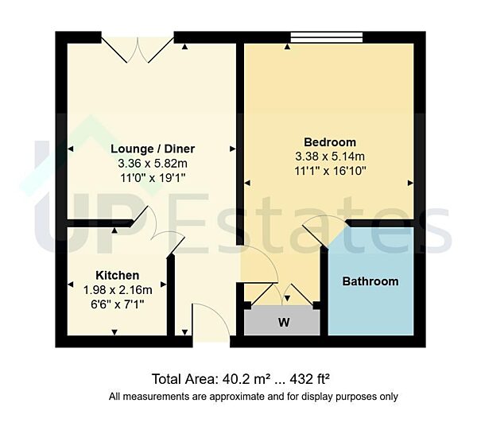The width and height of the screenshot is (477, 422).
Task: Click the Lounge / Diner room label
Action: point(153,149)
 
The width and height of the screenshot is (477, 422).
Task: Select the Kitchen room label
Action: point(117,276)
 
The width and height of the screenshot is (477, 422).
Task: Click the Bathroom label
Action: point(370,281)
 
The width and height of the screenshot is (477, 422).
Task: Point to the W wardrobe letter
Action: point(282,323)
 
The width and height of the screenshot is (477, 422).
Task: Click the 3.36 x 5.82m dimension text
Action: point(153,164)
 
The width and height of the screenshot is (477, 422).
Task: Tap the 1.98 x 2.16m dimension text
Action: point(117,290)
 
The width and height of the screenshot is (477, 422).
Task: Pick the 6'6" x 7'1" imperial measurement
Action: point(117,304)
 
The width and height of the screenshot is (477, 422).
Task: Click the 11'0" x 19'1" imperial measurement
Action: point(153,178)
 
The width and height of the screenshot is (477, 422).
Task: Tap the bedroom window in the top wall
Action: point(327,37)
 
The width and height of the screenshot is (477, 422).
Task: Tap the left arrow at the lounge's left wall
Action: point(70,149)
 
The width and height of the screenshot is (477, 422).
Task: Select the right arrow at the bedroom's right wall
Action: point(410,183)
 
